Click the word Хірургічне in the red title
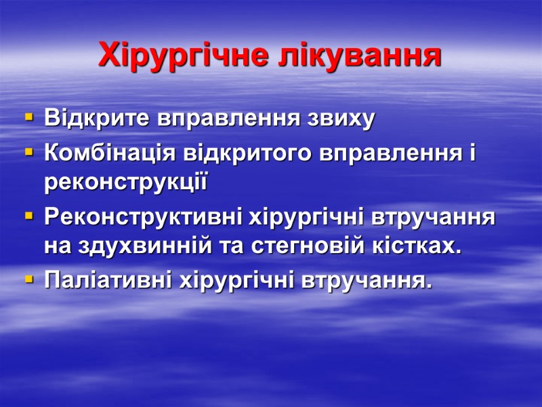pyautogui.click(x=184, y=56)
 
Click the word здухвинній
pyautogui.click(x=139, y=248)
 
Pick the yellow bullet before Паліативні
pyautogui.click(x=28, y=279)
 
